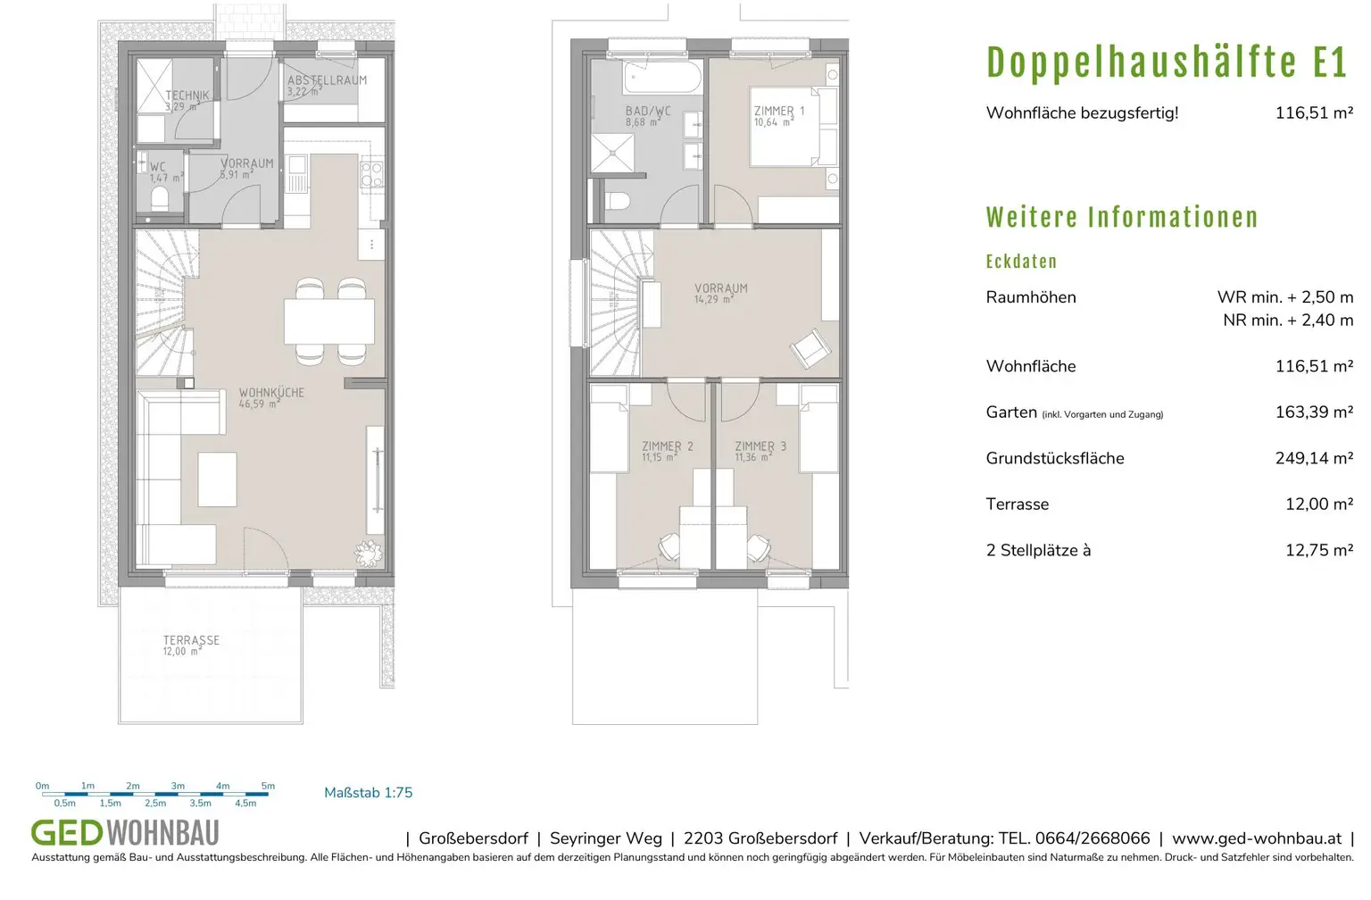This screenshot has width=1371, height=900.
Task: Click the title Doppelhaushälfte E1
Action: (x=1166, y=62)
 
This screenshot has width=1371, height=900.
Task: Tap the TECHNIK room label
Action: (x=187, y=96)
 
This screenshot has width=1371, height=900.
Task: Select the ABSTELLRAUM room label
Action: (x=327, y=80)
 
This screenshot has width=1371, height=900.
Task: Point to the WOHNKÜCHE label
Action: (x=271, y=393)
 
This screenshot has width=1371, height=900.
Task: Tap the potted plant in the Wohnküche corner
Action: (x=368, y=554)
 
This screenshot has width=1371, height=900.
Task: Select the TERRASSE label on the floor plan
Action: (x=191, y=640)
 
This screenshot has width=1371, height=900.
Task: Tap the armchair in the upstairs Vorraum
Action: (x=810, y=348)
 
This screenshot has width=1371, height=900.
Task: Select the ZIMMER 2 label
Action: (x=667, y=446)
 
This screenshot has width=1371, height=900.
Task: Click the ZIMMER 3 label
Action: (x=760, y=446)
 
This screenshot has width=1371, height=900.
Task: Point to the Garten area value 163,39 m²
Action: (x=1314, y=412)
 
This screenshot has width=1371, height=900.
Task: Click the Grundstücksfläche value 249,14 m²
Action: (x=1314, y=458)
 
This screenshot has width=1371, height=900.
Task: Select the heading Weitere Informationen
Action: (x=1122, y=217)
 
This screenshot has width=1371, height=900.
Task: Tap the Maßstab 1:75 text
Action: (x=368, y=793)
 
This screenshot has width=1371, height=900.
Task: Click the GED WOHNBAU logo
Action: (x=125, y=833)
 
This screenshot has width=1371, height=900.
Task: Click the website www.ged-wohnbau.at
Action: (x=1256, y=838)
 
